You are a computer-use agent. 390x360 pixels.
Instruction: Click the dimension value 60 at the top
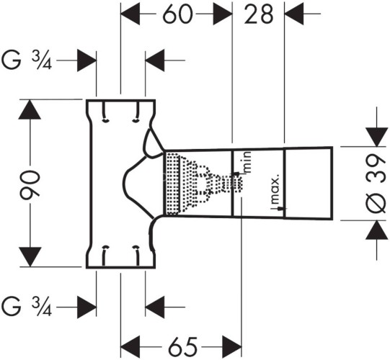click(x=177, y=14)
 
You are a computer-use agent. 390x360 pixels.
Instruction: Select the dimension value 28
click(x=259, y=14)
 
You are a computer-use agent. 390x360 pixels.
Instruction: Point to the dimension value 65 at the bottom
click(x=183, y=346)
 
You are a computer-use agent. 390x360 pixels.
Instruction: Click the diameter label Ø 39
click(x=377, y=184)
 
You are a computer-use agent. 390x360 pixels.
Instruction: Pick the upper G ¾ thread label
click(x=27, y=60)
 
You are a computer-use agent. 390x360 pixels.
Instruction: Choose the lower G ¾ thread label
click(x=27, y=307)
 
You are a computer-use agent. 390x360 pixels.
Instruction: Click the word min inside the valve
click(x=247, y=162)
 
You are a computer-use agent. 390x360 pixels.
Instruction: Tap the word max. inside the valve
click(x=275, y=189)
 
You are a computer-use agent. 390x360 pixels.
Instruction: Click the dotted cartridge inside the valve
click(x=203, y=184)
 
